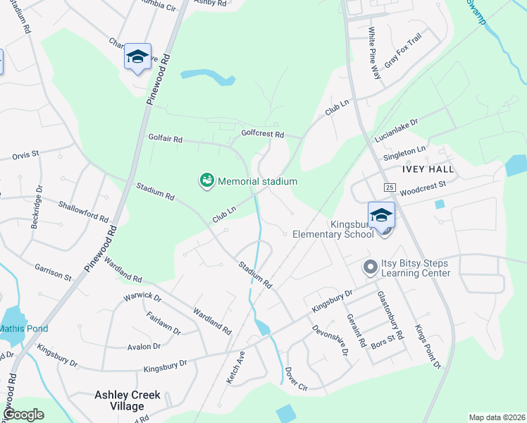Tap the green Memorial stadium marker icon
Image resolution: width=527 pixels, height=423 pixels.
(x=206, y=181)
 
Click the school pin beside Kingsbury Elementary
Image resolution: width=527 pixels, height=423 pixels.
(x=381, y=216)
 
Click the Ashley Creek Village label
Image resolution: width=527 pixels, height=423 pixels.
(x=128, y=400)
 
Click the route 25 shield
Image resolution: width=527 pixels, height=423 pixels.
(x=389, y=187)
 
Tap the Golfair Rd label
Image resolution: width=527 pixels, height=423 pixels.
(x=165, y=138)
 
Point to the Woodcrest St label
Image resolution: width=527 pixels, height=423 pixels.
(x=423, y=186)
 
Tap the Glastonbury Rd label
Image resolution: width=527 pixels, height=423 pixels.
(x=390, y=315)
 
